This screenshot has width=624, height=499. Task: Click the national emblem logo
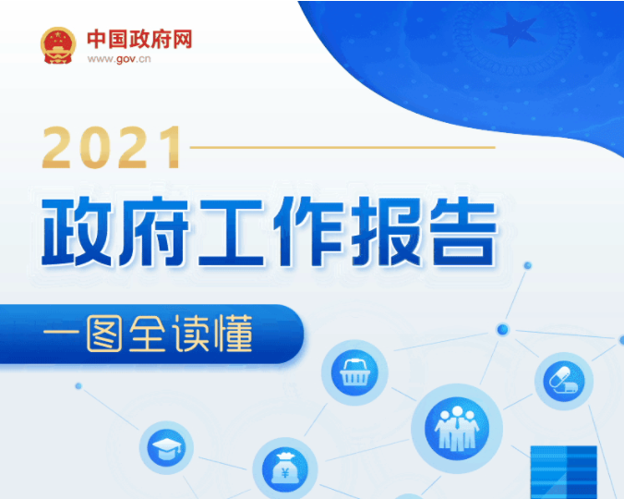58,45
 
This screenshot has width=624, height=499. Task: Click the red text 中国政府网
139,39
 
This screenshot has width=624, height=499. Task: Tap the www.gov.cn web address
119,59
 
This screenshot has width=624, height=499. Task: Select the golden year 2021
112,147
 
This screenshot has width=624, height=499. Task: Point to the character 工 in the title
231,232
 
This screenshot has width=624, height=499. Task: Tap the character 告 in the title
462,231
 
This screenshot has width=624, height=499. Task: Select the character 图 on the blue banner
104,334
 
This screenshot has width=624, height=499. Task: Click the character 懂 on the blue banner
234,334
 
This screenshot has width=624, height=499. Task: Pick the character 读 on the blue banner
190,334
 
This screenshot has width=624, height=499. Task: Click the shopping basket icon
355,372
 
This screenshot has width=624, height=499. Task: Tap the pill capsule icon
564,381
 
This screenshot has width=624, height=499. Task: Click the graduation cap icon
166,447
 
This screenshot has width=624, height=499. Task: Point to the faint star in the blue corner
514,29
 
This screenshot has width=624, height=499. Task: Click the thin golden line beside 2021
342,147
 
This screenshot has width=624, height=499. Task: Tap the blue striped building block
564,472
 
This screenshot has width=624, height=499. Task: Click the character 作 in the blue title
309,231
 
